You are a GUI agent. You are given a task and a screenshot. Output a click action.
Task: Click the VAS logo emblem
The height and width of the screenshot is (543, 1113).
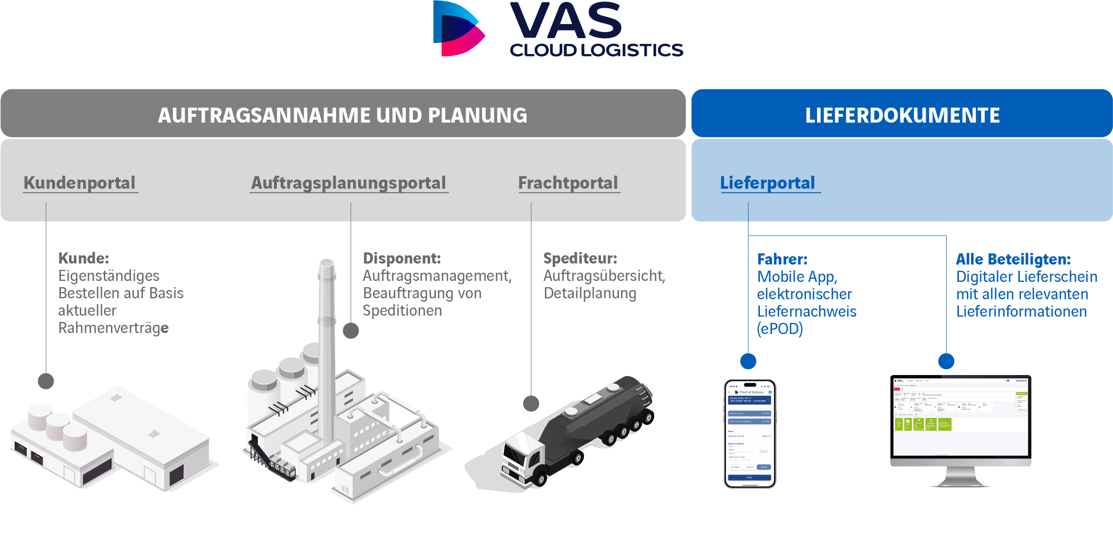[458, 29]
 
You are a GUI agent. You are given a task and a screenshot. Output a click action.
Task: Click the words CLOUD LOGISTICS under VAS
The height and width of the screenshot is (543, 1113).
[596, 50]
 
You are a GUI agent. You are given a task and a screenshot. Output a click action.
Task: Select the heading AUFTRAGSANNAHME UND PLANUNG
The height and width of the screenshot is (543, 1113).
[342, 115]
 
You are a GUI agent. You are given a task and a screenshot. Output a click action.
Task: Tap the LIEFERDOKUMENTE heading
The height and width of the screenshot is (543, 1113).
[902, 115]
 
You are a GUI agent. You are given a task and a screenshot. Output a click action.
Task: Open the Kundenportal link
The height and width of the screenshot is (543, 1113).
[80, 183]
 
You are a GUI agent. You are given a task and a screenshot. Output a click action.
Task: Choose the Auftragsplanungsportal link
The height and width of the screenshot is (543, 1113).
[348, 183]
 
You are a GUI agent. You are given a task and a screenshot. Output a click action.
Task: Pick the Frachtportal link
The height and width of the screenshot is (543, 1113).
[568, 183]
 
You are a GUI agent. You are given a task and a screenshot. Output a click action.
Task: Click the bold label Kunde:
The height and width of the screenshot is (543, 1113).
[84, 258]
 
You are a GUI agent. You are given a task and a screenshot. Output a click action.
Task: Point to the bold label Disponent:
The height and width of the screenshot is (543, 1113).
[402, 258]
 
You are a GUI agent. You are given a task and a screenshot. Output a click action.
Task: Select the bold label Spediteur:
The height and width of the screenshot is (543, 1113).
[580, 258]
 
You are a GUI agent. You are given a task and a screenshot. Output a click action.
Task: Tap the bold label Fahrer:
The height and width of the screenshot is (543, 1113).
[782, 259]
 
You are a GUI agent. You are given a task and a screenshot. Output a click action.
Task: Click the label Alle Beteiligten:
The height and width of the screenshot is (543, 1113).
[1013, 259]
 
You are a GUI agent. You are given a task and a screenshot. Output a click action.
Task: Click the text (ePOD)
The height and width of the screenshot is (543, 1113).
[780, 329]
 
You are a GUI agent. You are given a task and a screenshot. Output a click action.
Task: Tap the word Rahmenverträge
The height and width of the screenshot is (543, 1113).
[114, 328]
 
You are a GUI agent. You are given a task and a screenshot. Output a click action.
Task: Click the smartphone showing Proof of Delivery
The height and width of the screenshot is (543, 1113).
[750, 433]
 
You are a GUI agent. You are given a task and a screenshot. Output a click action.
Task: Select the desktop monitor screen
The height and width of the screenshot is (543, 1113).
[960, 416]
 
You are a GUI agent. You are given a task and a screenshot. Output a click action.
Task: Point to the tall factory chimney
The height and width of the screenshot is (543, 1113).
[327, 348]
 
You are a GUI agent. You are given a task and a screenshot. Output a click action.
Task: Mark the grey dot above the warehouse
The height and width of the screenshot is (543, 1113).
[46, 381]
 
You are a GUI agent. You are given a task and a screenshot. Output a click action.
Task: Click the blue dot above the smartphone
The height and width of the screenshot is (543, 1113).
[748, 361]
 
